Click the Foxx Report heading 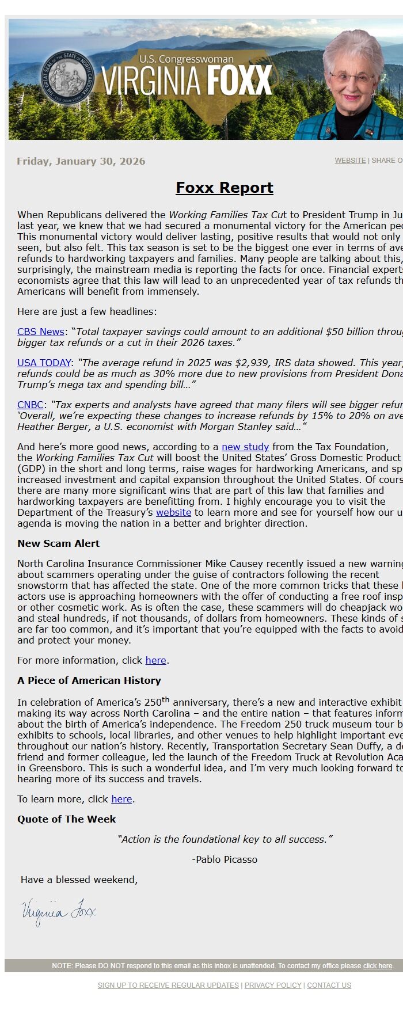click(x=224, y=188)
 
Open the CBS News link click(x=40, y=332)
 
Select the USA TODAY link click(x=44, y=363)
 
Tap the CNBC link click(x=31, y=405)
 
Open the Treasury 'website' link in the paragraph click(x=173, y=512)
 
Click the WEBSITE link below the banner click(x=350, y=161)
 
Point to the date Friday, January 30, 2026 click(x=81, y=161)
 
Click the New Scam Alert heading click(x=58, y=543)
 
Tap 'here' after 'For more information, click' click(x=155, y=660)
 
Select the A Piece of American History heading click(x=89, y=680)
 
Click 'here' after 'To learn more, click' click(x=121, y=799)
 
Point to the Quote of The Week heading click(x=66, y=819)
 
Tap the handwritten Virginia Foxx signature click(x=58, y=912)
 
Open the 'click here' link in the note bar click(x=377, y=966)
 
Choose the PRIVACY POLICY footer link click(x=273, y=985)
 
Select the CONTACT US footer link click(x=329, y=985)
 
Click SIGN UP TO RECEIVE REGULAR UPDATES click(x=168, y=985)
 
